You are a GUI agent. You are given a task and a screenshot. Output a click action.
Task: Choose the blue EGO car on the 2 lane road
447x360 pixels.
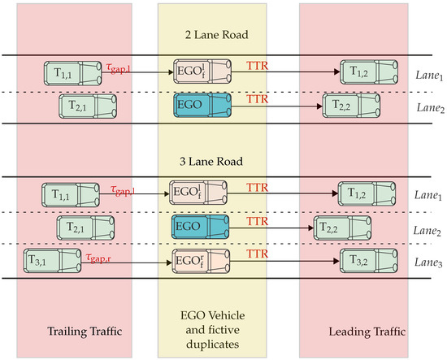[202, 103]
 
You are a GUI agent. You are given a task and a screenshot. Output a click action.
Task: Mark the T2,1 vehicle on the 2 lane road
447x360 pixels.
[87, 103]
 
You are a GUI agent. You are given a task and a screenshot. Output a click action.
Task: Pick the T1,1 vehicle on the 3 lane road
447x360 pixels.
[69, 193]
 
